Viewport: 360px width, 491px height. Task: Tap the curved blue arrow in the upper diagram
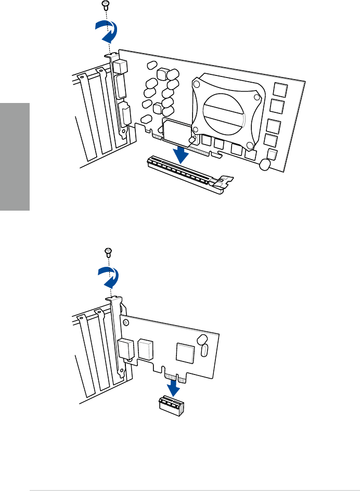coord(108,34)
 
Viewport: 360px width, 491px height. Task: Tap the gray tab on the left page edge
coord(15,156)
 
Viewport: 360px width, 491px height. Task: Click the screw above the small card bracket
coord(107,252)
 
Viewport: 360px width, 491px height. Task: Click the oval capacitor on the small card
coord(204,351)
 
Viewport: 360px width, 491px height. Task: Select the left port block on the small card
coord(125,348)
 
